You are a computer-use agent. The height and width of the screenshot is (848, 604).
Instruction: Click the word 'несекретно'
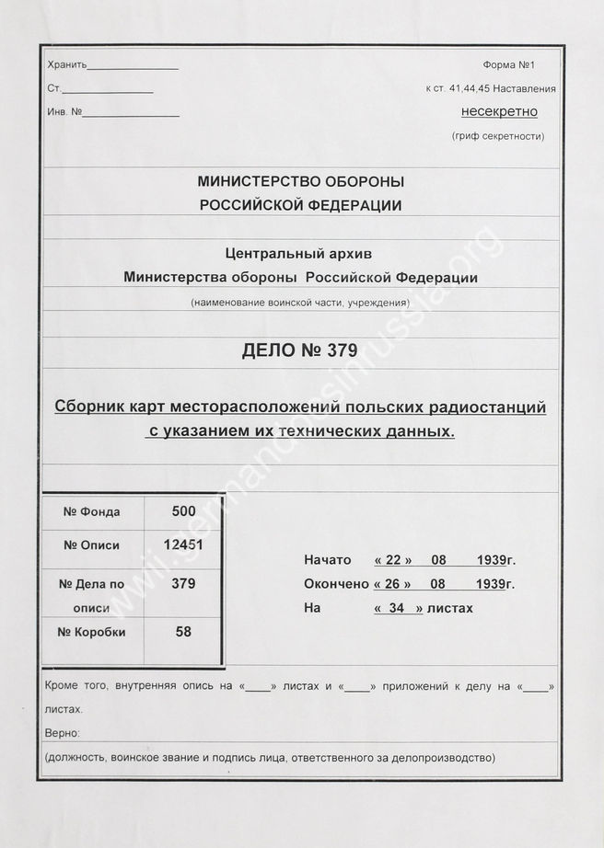(498, 112)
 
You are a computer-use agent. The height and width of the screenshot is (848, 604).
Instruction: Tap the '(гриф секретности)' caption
(498, 136)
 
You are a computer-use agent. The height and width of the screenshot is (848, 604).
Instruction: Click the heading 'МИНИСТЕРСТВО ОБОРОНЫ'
(301, 182)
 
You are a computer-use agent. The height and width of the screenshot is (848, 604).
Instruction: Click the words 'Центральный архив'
(300, 255)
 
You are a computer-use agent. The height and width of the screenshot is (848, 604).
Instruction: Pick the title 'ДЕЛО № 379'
(301, 350)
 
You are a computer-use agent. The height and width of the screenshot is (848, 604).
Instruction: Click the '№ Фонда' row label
(91, 511)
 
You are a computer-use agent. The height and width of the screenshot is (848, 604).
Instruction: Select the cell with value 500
(184, 510)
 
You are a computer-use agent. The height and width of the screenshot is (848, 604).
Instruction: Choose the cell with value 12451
(184, 544)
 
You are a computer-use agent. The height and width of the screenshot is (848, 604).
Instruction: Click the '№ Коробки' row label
(91, 632)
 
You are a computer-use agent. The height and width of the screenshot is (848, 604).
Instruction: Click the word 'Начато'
(328, 559)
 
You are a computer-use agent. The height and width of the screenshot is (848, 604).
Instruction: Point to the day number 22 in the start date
(393, 559)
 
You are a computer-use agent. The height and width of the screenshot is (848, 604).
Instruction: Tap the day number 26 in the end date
(393, 584)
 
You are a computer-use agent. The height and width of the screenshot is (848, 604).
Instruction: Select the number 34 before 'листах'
(399, 608)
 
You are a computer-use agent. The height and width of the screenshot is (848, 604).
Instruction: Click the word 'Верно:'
(62, 733)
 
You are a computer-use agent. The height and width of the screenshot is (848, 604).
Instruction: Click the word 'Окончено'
(336, 584)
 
